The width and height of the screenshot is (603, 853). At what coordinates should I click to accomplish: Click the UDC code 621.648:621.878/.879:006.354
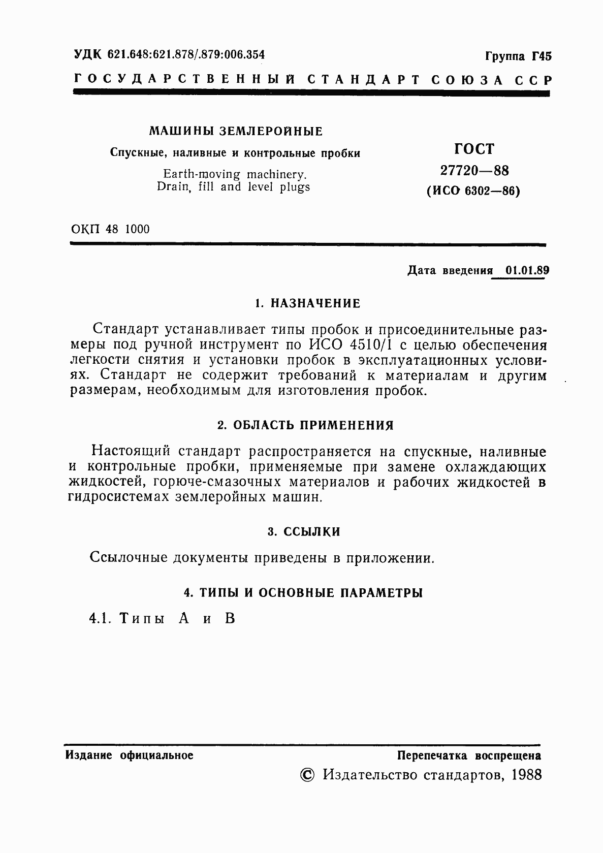pos(186,54)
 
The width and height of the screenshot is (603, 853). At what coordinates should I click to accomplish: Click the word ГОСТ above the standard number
pos(473,149)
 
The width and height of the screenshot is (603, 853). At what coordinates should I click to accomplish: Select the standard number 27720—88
pos(474,171)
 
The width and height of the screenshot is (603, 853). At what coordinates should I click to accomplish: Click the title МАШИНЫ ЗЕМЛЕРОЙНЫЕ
pos(236,132)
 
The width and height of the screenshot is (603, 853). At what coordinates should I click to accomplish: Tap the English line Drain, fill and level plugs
pos(233,187)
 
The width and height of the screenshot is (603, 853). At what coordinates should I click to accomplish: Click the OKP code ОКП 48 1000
pos(111,229)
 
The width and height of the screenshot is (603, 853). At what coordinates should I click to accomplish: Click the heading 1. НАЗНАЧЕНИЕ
pos(307,304)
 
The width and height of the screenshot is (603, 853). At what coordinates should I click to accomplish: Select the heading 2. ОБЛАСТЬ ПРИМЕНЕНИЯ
pos(305,425)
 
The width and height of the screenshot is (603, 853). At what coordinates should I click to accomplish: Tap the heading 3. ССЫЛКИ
pos(304,532)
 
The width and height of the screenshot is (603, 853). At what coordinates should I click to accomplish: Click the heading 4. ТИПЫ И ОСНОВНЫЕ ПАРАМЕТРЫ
pos(303,593)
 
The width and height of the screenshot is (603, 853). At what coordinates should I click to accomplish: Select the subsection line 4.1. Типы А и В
pos(162,618)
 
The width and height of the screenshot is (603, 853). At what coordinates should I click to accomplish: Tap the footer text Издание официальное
pos(130,755)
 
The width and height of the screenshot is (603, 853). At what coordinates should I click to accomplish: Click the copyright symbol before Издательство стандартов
pos(307,775)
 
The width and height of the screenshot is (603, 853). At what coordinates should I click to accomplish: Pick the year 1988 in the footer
pos(527,775)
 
